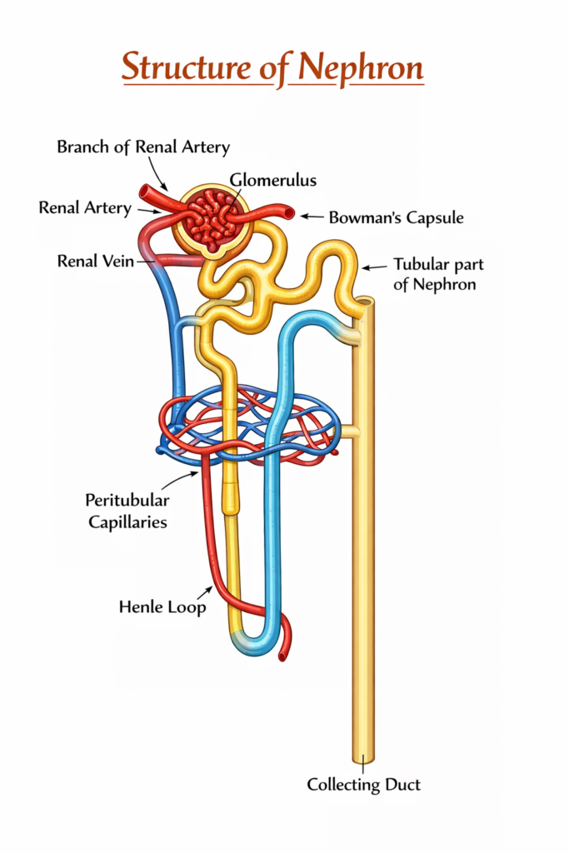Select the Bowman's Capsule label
pyautogui.click(x=396, y=218)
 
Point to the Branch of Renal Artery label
pyautogui.click(x=143, y=147)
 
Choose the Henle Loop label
pyautogui.click(x=162, y=606)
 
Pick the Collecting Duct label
pyautogui.click(x=363, y=784)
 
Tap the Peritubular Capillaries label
pyautogui.click(x=127, y=511)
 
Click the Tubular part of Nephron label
pyautogui.click(x=438, y=275)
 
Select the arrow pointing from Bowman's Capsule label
pyautogui.click(x=311, y=217)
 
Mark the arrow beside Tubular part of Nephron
pyautogui.click(x=376, y=267)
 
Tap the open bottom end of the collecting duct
pyautogui.click(x=362, y=758)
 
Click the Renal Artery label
pyautogui.click(x=85, y=208)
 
